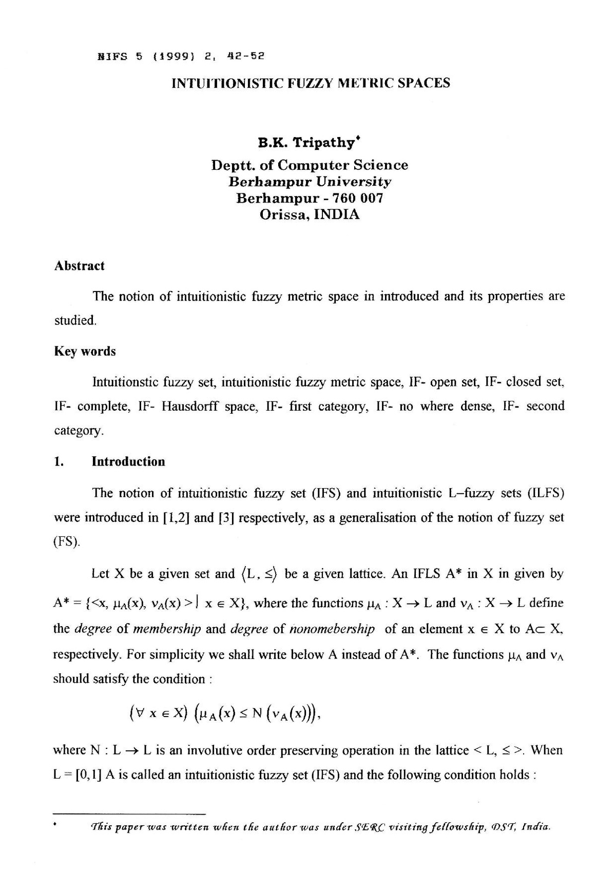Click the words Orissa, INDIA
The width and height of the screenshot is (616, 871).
pyautogui.click(x=310, y=215)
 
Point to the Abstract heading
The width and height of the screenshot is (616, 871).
pyautogui.click(x=79, y=265)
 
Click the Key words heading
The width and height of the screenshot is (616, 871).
pyautogui.click(x=85, y=351)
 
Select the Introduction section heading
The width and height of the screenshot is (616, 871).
pyautogui.click(x=128, y=461)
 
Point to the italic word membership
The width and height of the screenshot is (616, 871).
pyautogui.click(x=167, y=629)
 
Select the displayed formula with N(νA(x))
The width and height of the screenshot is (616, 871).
pyautogui.click(x=226, y=713)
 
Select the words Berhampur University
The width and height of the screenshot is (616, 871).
pyautogui.click(x=310, y=182)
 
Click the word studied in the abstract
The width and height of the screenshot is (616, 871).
pyautogui.click(x=75, y=320)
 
